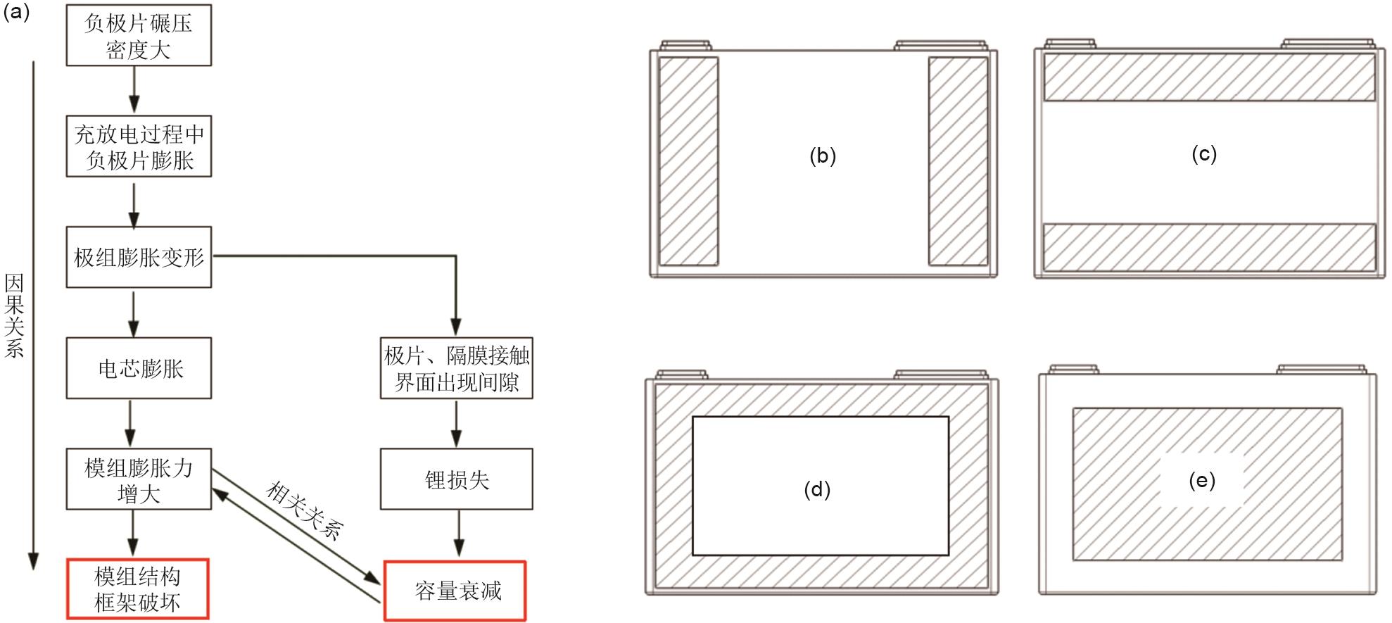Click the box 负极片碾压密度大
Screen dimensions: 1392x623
[x=139, y=35]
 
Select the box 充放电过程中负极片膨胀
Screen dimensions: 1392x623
[x=139, y=146]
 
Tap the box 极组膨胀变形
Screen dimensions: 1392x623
[x=139, y=257]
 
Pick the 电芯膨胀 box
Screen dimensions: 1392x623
[x=139, y=368]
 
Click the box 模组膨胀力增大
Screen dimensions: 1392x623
[x=139, y=479]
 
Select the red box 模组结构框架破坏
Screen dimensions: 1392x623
[x=138, y=589]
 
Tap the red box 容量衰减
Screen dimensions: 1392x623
[x=455, y=591]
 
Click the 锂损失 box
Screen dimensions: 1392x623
[x=457, y=479]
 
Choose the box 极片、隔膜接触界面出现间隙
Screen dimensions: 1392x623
[x=457, y=368]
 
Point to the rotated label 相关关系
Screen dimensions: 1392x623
[x=305, y=510]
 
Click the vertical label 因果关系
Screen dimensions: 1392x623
[x=14, y=315]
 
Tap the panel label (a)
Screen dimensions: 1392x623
[x=15, y=11]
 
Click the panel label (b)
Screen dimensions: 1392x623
[x=823, y=156]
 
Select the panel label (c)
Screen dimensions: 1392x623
[x=1204, y=154]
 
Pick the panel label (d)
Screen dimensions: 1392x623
[x=817, y=489]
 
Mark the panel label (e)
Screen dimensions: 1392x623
[x=1202, y=481]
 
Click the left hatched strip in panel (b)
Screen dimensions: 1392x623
[x=688, y=161]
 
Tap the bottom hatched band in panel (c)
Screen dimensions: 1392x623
[x=1209, y=247]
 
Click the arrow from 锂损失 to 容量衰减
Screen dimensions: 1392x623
[x=459, y=534]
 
